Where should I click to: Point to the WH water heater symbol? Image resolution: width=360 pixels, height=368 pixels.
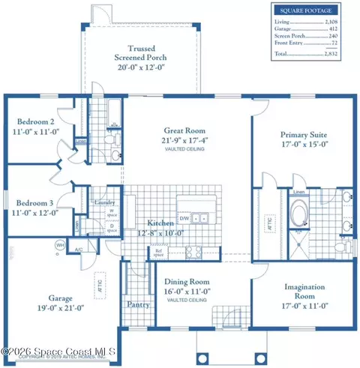[x=58, y=244]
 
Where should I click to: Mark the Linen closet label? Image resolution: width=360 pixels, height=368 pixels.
[x=298, y=193]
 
